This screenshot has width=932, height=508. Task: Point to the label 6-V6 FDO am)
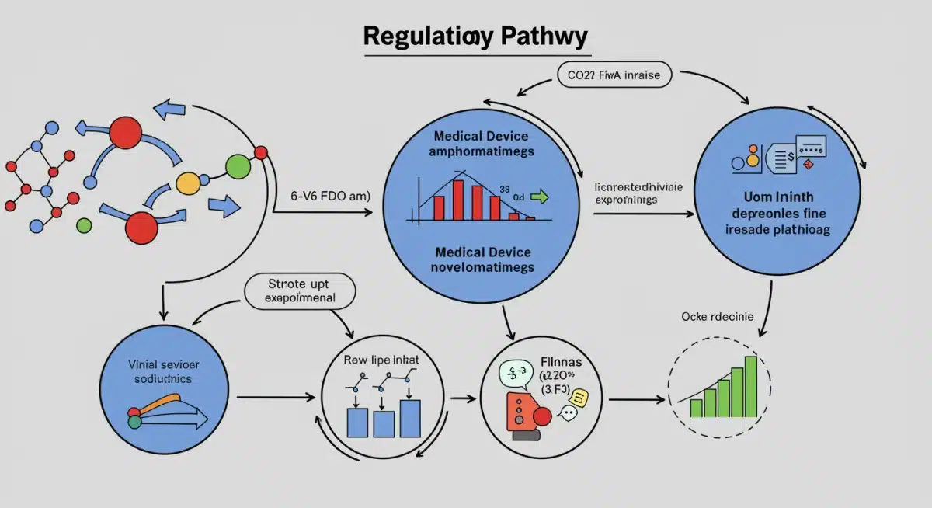click(x=330, y=196)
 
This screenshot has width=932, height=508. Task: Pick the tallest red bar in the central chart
click(x=457, y=200)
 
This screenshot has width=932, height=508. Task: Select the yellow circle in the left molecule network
click(x=188, y=183)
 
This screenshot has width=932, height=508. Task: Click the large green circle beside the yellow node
click(x=238, y=165)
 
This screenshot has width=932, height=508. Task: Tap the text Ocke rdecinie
click(x=718, y=316)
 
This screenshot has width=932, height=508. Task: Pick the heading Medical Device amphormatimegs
click(x=481, y=143)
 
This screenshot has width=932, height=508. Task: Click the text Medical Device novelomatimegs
click(x=482, y=260)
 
